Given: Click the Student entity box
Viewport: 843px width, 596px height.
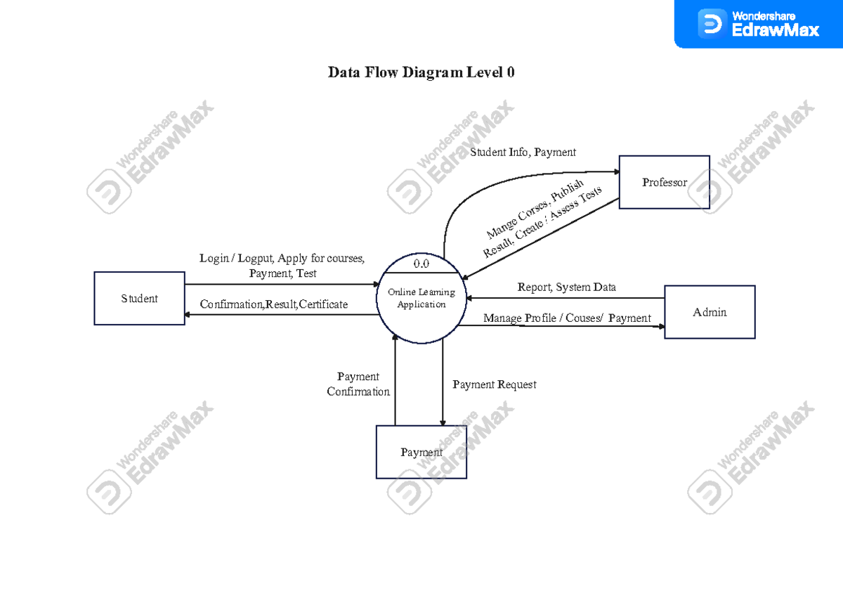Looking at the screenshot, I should point(139,299).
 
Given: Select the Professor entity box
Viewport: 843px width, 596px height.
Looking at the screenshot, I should point(664,183).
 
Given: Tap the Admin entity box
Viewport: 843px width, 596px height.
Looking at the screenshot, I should point(710,312).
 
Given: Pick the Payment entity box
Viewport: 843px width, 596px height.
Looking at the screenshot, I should point(421,453).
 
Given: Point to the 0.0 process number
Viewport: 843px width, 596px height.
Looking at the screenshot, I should point(421,264).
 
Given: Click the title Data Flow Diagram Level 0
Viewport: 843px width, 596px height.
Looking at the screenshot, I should point(421,72).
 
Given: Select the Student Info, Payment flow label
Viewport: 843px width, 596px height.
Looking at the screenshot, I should point(523,152).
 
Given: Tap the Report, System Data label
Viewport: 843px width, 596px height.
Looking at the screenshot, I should point(566,287).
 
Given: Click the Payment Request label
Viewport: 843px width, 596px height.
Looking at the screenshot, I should point(494,384).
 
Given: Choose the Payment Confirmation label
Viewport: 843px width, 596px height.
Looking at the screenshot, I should point(358,384).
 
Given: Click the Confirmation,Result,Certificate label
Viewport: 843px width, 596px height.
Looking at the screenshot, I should point(274,304).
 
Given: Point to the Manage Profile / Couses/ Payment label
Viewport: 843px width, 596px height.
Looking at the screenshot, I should point(567,318).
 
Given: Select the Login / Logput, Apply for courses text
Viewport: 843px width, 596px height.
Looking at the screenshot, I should point(282,258).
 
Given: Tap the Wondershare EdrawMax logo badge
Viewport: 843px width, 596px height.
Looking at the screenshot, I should point(759,24).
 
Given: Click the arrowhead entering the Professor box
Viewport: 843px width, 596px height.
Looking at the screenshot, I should point(615,170).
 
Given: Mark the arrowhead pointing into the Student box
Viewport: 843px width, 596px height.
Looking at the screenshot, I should point(189,314).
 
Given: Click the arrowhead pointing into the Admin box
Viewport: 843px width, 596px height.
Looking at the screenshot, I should point(660,327).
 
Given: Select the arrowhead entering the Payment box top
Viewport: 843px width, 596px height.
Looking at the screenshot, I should point(443,422).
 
